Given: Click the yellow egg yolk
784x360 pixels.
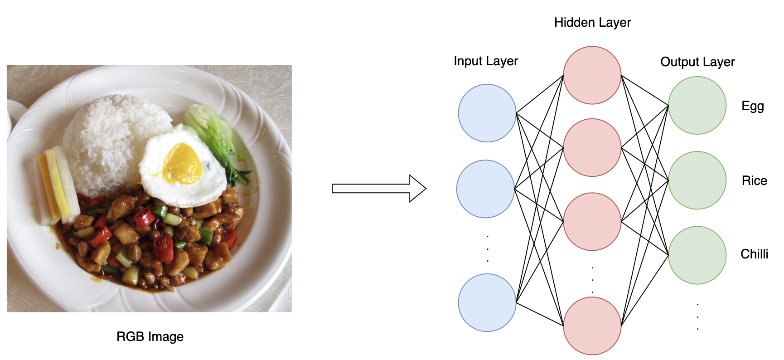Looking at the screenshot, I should [182, 164].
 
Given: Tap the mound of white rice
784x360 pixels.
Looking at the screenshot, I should [113, 136].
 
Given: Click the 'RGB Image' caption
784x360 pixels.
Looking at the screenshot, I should [150, 336].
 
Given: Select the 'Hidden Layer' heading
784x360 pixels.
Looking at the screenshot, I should [592, 23].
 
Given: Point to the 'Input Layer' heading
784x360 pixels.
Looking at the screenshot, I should [486, 61].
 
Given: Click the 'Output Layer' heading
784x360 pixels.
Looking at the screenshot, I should [697, 62].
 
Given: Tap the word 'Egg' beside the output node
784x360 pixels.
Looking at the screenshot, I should [753, 106].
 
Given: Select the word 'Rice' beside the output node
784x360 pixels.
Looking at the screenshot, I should [754, 181].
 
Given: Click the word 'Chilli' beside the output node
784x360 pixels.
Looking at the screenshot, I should [754, 254].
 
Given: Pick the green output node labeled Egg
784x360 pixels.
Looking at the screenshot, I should [697, 105].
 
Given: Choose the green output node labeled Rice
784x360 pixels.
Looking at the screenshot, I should [697, 180].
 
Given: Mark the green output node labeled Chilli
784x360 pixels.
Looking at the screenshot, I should [697, 255].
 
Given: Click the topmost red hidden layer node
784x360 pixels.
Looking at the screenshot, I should [592, 75].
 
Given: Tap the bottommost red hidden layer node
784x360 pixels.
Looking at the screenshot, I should [592, 326].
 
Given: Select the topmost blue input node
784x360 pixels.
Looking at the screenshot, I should [487, 113].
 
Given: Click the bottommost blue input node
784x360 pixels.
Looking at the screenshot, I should [487, 302].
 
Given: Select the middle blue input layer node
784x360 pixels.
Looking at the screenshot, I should [485, 189].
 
